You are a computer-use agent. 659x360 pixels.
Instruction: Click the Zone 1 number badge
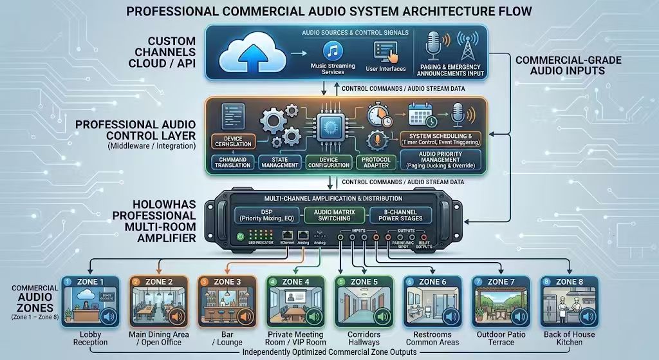[67, 282]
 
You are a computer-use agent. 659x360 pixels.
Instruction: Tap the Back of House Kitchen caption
[569, 338]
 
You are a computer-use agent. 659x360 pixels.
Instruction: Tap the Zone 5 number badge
[340, 282]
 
